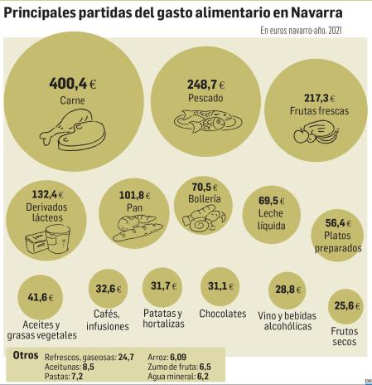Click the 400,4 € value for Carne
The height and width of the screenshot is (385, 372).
pos(73,83)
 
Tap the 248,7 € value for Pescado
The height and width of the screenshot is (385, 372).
pos(207,85)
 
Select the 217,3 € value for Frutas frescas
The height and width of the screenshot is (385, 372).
pos(319,96)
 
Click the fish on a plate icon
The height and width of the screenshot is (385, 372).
pos(207,121)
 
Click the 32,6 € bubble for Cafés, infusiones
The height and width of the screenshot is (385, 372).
pos(108,290)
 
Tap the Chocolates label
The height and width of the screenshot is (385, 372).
pos(222,314)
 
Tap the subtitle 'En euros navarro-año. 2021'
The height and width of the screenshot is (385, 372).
pos(301,32)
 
